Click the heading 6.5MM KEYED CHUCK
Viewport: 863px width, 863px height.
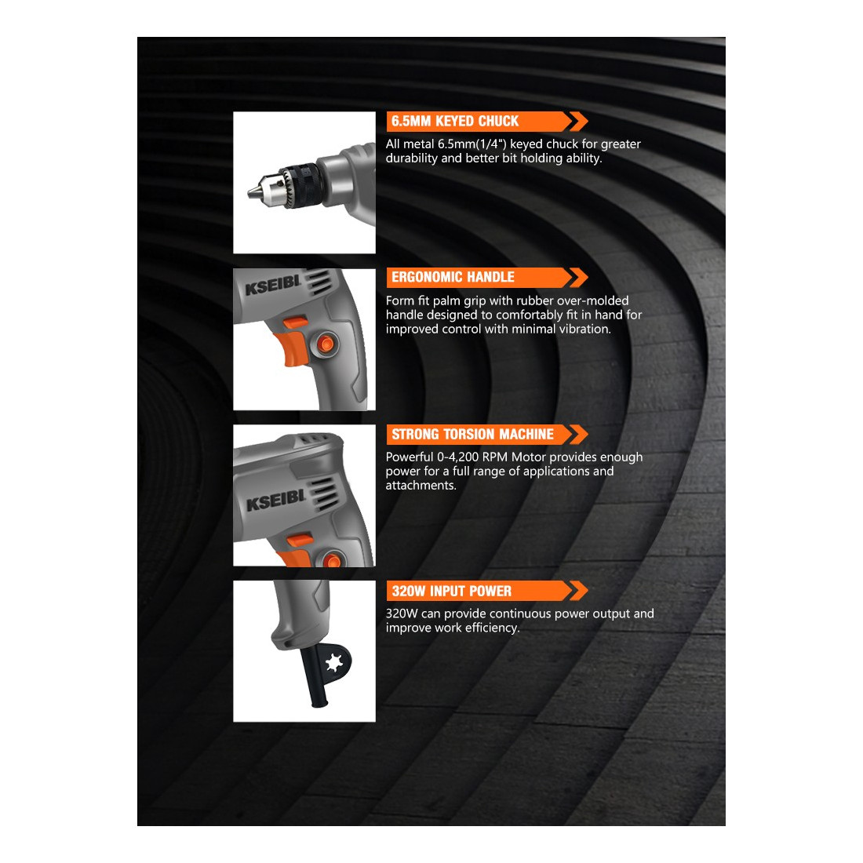[x=455, y=121]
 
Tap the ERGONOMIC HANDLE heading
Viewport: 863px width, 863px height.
[x=453, y=277]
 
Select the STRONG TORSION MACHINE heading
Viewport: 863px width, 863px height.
[x=473, y=435]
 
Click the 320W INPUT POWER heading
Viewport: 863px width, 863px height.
[x=452, y=591]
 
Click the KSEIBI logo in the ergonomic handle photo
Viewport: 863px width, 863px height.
[x=273, y=285]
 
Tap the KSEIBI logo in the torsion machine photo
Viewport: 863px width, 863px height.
[x=275, y=501]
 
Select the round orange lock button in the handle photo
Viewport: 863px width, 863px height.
[x=327, y=344]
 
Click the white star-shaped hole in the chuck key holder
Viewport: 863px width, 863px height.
[x=334, y=663]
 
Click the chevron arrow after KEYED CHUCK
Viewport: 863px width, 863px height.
[x=578, y=121]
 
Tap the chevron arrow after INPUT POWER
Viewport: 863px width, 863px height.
[x=578, y=591]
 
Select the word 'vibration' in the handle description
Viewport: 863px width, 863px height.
[x=584, y=329]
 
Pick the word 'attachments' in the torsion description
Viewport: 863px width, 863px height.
[x=421, y=486]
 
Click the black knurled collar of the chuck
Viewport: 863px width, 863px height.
[x=304, y=184]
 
